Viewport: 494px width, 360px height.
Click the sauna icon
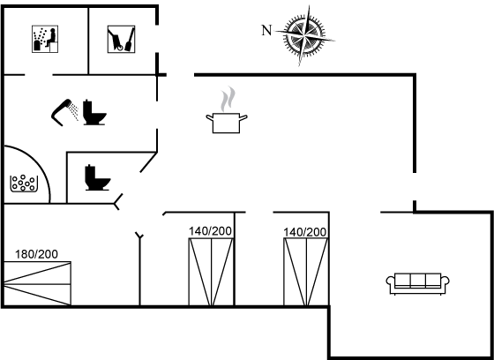[x=45, y=39]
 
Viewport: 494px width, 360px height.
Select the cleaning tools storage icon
[x=122, y=39]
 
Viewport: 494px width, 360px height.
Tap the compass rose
[x=304, y=35]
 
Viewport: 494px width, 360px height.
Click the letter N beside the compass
[x=266, y=31]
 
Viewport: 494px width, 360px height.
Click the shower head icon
[x=62, y=112]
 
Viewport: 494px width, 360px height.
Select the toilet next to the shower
[x=94, y=113]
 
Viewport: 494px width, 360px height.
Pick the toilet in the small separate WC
[x=97, y=177]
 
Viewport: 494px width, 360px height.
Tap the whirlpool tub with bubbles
[x=24, y=184]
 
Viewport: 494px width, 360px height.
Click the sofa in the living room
[x=418, y=284]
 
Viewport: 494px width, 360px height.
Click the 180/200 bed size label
[x=36, y=254]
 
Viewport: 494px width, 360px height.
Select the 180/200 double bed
[x=37, y=283]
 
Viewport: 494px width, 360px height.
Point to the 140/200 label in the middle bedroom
[x=210, y=231]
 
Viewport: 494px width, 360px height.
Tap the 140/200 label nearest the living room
[x=304, y=232]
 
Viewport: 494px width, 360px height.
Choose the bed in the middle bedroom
[x=211, y=272]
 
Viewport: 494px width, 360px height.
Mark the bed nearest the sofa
[x=306, y=272]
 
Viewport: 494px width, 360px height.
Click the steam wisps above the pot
[x=228, y=99]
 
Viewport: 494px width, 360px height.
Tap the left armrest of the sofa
[x=391, y=282]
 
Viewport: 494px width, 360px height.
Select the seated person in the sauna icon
[x=52, y=37]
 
